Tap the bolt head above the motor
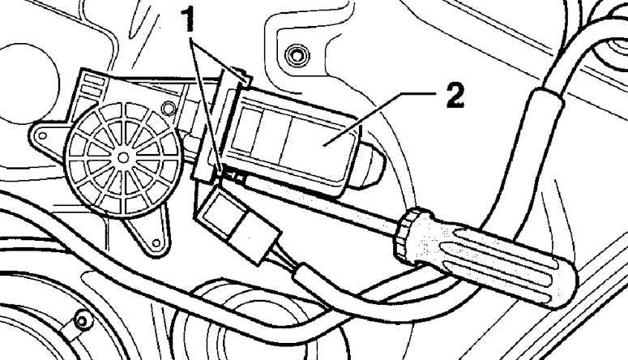click(293, 56)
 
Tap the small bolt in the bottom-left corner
click(80, 321)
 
